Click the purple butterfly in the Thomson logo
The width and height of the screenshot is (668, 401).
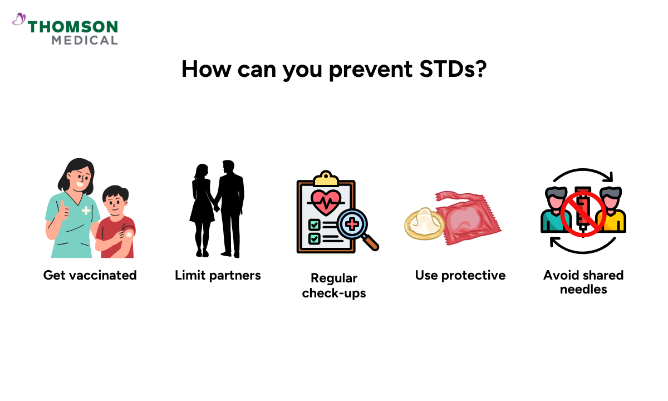19,19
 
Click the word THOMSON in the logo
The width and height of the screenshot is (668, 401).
73,27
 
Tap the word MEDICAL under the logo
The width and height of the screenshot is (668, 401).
85,40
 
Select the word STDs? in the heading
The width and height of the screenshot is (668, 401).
453,69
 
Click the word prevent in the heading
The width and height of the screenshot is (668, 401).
371,70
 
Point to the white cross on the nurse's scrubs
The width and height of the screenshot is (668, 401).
86,211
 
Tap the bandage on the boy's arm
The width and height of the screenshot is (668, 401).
129,235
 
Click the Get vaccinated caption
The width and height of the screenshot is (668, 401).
90,275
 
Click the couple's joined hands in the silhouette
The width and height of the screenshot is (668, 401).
217,208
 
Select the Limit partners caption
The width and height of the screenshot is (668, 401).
218,275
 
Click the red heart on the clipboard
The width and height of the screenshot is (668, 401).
326,202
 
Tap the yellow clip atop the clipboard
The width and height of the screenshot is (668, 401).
326,178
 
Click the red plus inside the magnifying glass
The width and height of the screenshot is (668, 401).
352,224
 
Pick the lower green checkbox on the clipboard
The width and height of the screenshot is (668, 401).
314,239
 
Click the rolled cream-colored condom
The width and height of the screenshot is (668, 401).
424,224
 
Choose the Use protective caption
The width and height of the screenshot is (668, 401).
460,275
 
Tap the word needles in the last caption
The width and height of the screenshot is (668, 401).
583,290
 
